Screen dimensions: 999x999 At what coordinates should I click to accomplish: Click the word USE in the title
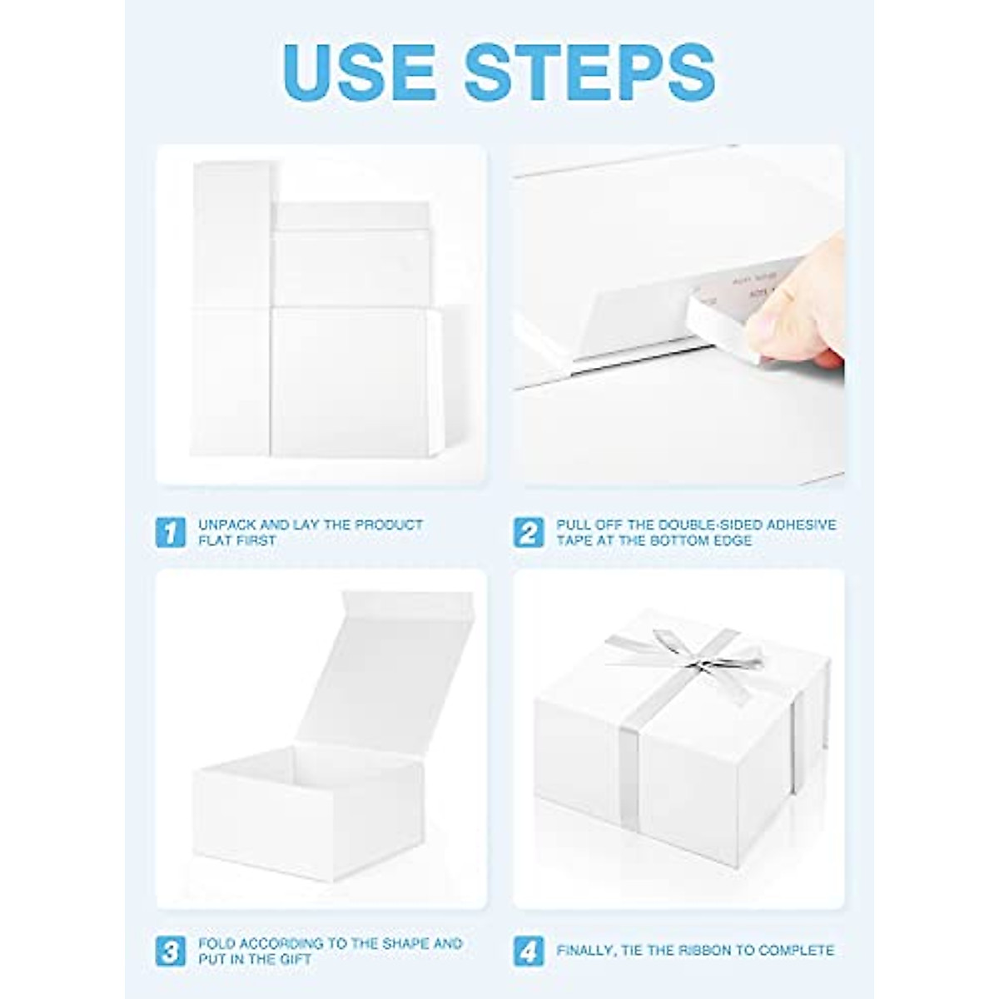point(359,72)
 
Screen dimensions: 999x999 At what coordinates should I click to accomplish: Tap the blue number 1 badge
point(171,532)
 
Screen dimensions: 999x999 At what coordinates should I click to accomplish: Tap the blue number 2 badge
point(529,532)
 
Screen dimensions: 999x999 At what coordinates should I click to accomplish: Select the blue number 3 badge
point(171,951)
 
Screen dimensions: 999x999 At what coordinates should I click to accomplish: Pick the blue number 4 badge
point(529,951)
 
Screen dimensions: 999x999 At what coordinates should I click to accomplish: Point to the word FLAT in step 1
point(216,540)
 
